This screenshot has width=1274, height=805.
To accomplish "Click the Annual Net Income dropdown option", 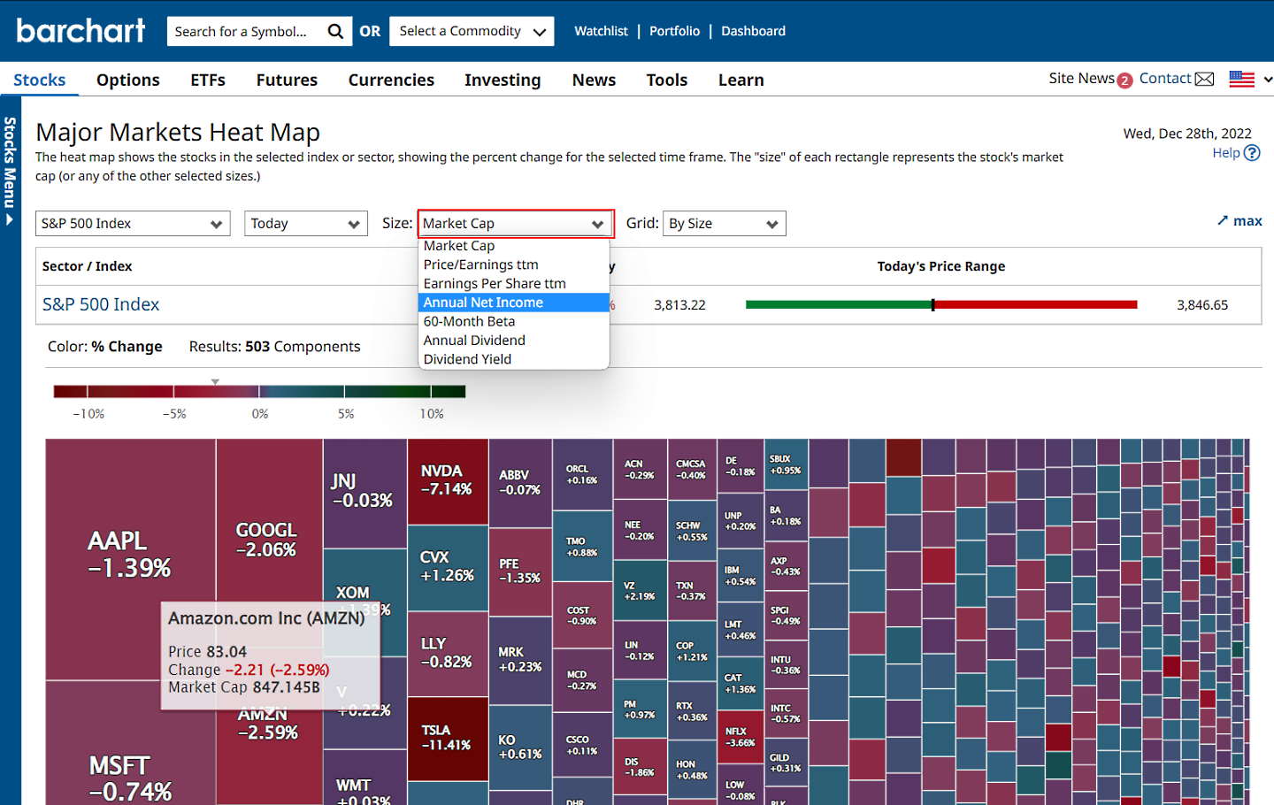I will pos(483,303).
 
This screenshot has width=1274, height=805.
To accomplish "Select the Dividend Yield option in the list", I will pos(467,359).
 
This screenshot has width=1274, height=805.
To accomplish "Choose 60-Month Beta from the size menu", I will pos(469,321).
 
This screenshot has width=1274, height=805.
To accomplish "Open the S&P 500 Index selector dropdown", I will pos(133,224).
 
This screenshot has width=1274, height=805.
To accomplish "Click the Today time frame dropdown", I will pos(305,224).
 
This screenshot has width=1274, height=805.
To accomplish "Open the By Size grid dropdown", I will pos(724,224).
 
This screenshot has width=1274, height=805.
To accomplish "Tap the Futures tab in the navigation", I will pos(287,80).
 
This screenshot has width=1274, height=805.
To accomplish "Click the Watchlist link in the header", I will pos(601,31).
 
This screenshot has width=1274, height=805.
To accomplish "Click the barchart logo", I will pos(81,31).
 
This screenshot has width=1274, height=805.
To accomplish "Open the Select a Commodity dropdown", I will pos(472,31).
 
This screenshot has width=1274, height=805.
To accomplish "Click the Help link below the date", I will pos(1226,153).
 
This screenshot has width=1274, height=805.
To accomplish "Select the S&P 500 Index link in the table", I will pos(101,304).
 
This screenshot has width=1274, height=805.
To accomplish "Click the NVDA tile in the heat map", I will pos(447,480).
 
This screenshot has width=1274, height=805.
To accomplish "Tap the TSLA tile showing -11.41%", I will pos(447,738).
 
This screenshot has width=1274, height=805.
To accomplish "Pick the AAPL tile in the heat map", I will pos(129,554).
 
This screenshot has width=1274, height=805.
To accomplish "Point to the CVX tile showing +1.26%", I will pos(447,566).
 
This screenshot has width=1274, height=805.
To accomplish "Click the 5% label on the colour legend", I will pos(346,414).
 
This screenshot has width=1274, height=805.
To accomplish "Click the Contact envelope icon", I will pos(1204,79).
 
